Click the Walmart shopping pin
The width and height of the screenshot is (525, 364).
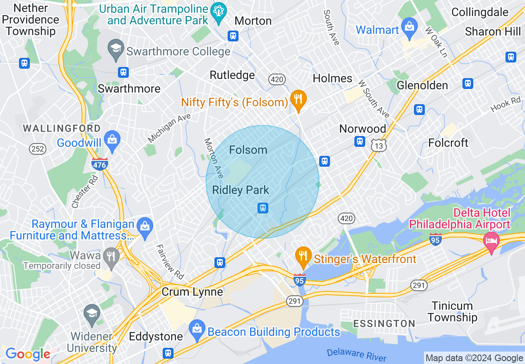click(409, 28)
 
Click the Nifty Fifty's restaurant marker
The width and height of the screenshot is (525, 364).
click(298, 99)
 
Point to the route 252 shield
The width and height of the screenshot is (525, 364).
click(37, 149)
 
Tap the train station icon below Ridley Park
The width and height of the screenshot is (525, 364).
click(262, 208)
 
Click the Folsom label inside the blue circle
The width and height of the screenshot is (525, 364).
click(248, 150)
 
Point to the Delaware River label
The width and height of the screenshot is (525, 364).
click(356, 354)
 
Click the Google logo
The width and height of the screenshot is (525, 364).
click(28, 354)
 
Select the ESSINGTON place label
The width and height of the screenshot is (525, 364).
click(384, 323)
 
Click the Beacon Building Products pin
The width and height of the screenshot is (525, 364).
click(196, 329)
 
